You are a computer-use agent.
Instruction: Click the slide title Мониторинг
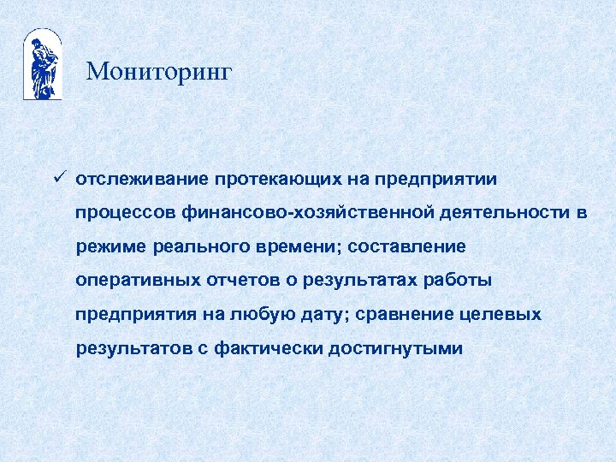158,72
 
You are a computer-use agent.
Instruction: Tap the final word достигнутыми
394,348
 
